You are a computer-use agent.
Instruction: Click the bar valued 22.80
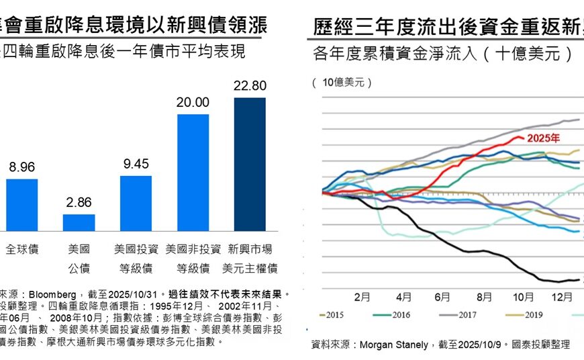tap(250, 164)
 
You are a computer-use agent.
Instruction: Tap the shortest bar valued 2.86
tap(79, 222)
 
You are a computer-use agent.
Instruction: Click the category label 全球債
tap(22, 249)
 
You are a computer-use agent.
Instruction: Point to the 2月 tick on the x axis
tap(362, 296)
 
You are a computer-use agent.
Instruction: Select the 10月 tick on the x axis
tap(524, 296)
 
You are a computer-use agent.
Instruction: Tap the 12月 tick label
tap(563, 296)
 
